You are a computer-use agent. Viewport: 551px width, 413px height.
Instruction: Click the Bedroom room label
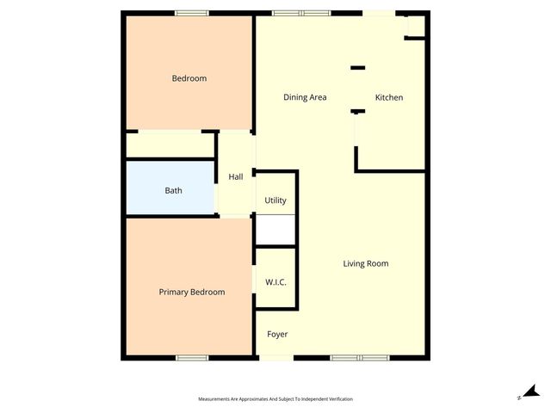[x=189, y=78]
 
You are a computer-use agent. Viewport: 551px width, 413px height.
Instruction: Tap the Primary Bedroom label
[x=192, y=293]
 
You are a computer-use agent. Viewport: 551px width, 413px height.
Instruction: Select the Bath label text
[x=173, y=190]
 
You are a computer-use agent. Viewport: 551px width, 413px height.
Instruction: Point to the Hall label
[x=235, y=177]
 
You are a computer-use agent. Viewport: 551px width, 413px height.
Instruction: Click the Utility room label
[x=275, y=200]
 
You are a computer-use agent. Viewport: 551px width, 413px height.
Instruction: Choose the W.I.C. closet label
[x=275, y=282]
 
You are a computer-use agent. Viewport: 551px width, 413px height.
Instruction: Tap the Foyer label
[x=277, y=334]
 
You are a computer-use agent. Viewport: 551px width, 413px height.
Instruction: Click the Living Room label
[x=366, y=263]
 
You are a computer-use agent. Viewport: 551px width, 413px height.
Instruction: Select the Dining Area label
[x=305, y=97]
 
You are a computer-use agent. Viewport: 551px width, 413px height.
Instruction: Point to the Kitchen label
[x=389, y=97]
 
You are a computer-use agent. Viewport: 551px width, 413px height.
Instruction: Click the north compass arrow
[x=531, y=392]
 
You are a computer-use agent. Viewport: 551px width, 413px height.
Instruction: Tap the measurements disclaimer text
[x=275, y=399]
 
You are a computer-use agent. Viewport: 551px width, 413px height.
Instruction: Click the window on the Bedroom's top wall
[x=191, y=13]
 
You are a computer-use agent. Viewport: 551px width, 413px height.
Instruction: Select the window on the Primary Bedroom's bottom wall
[x=192, y=357]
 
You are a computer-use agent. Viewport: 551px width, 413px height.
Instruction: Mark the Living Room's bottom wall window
[x=360, y=357]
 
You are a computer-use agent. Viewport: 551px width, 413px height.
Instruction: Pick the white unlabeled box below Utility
[x=276, y=230]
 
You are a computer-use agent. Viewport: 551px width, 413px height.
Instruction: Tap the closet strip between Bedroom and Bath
[x=170, y=145]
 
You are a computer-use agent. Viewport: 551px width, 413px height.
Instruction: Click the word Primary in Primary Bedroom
[x=175, y=293]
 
